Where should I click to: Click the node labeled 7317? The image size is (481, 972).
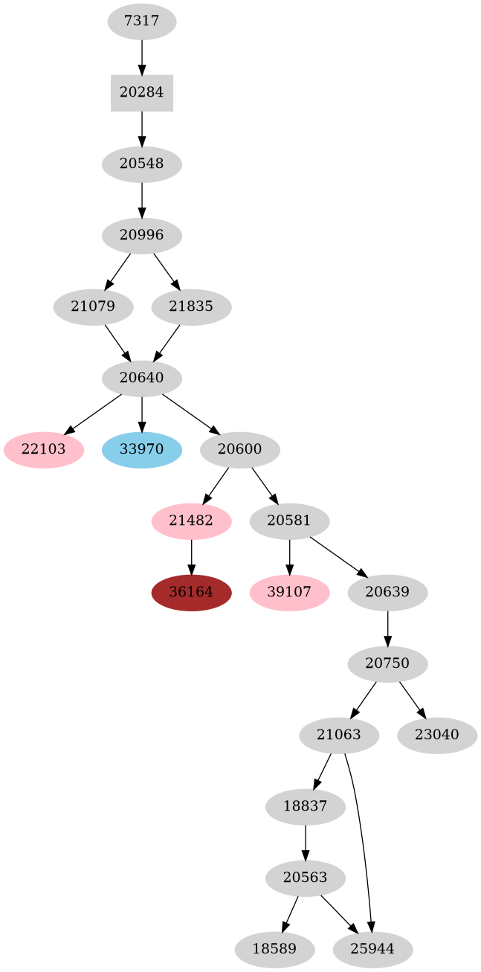[141, 22]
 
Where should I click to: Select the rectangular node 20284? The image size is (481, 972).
[141, 93]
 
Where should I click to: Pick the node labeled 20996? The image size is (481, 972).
[141, 236]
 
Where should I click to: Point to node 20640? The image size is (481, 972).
[141, 379]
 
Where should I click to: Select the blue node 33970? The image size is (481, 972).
[141, 450]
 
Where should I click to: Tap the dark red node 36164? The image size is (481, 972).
[191, 593]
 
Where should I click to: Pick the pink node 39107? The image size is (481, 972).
[289, 593]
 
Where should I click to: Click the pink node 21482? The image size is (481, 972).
[191, 521]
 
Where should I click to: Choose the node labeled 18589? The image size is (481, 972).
[274, 950]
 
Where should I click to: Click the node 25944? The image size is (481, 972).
[372, 950]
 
